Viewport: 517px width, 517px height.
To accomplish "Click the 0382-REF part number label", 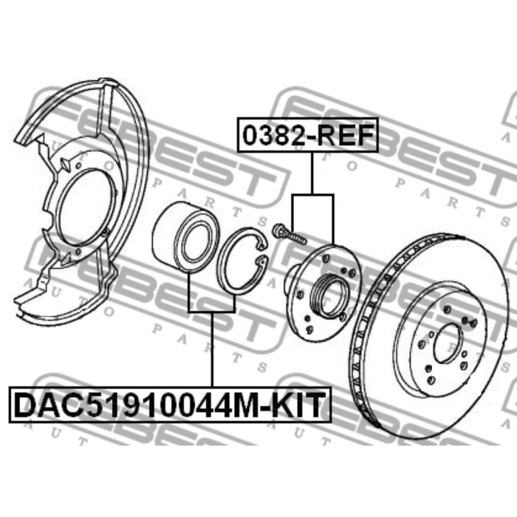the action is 308,135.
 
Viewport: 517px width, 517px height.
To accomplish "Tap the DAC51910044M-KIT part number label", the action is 169,405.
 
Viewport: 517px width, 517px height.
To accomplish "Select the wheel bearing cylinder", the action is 185,237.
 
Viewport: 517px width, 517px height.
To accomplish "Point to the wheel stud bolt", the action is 289,233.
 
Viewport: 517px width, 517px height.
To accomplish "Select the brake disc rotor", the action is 428,336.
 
